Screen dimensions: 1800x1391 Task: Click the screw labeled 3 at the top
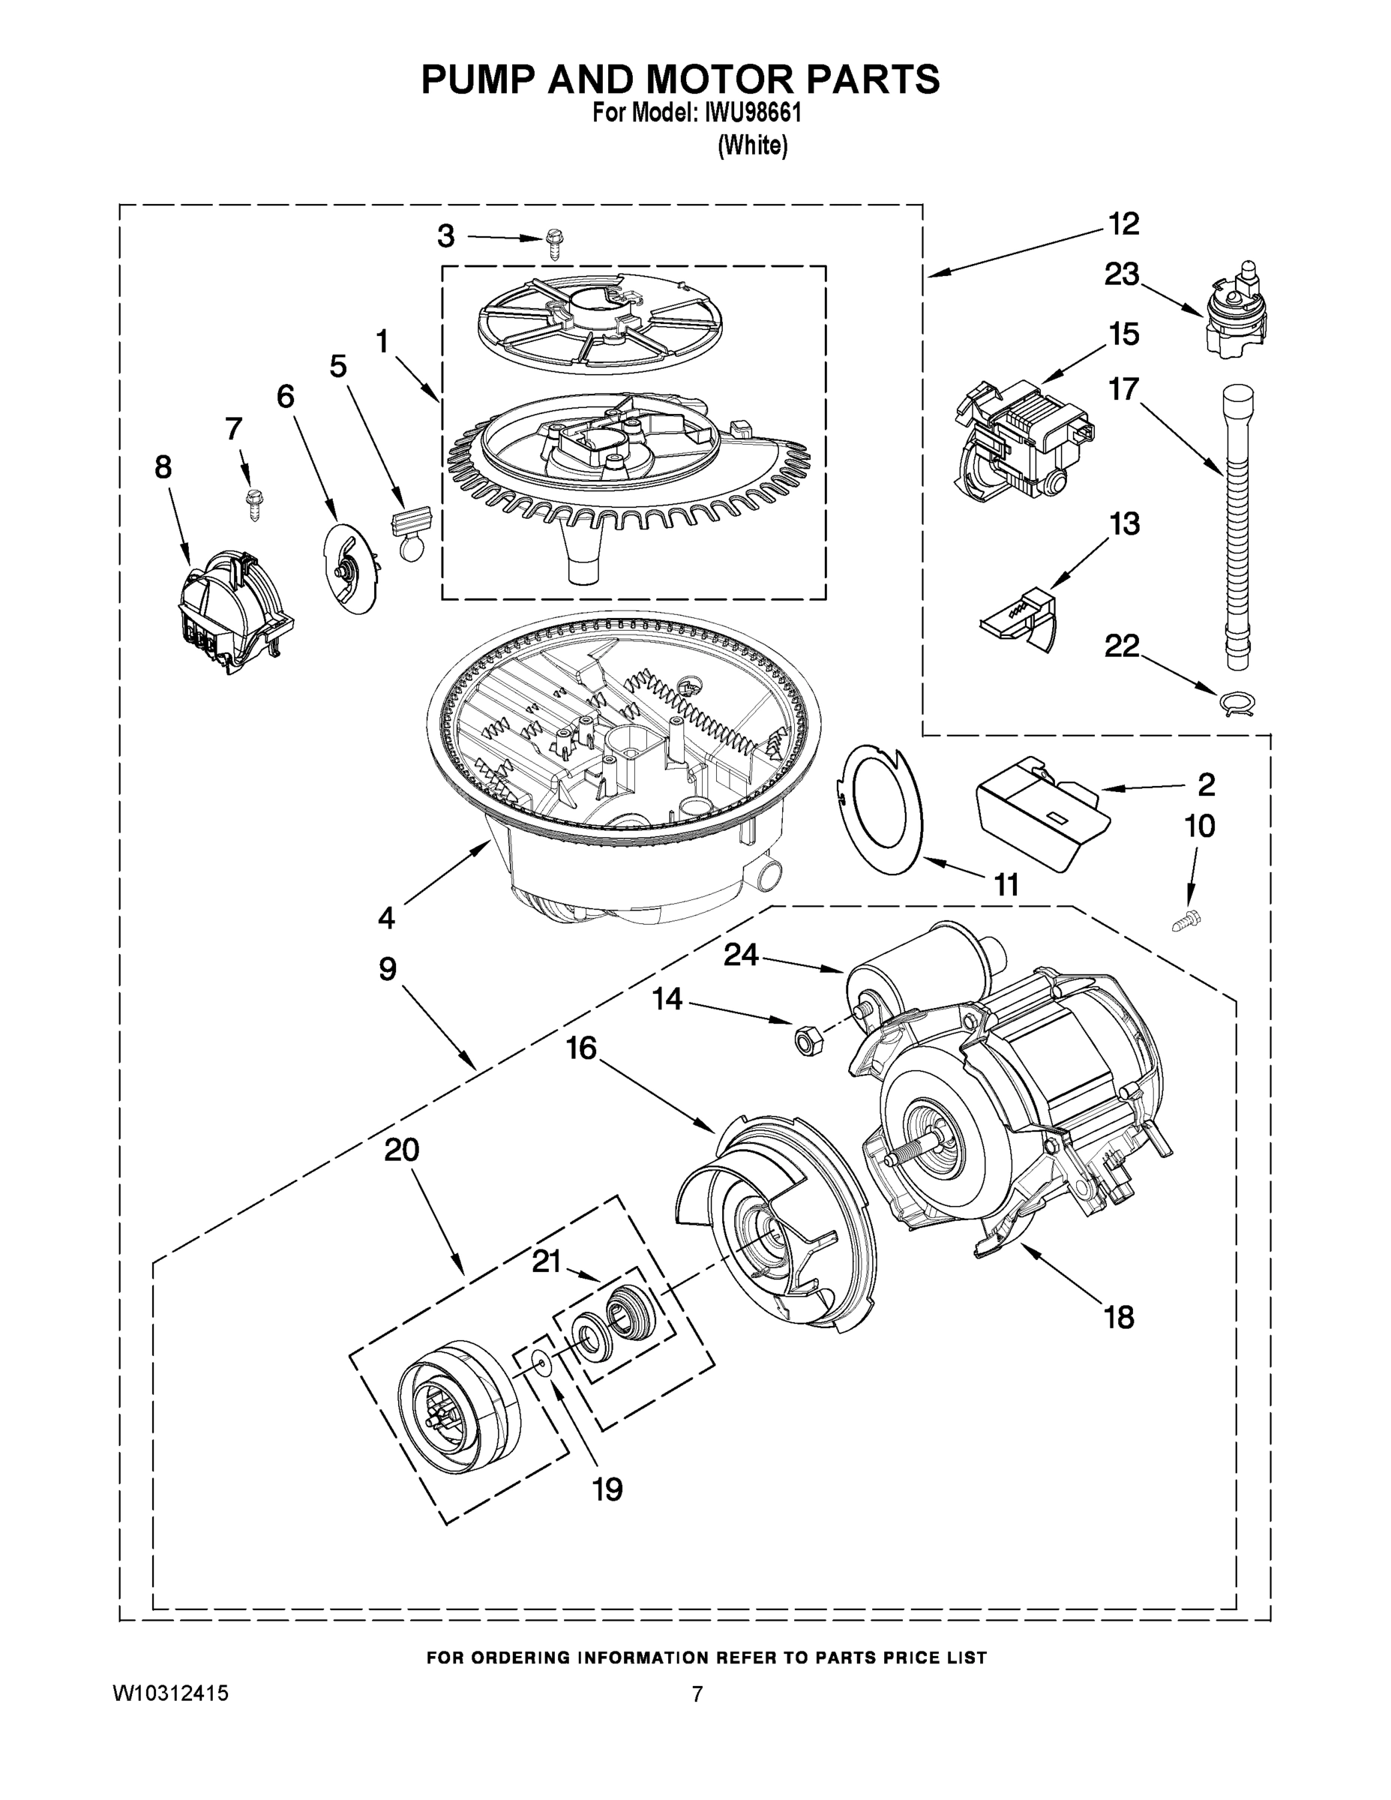coord(553,244)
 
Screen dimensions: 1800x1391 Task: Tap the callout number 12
coord(1123,223)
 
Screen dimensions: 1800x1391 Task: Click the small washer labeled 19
coord(541,1363)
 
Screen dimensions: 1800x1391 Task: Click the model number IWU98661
coord(751,112)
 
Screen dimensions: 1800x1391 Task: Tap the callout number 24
coord(740,955)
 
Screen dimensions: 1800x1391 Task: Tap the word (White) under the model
coord(752,146)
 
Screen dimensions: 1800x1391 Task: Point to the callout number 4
coord(386,916)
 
